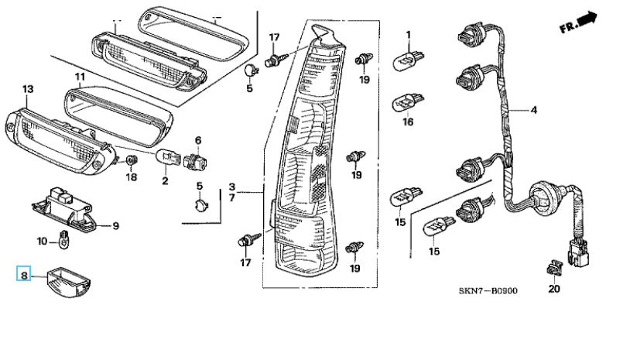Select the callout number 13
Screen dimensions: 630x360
[x=28, y=89]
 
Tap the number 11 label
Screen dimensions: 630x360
[x=80, y=77]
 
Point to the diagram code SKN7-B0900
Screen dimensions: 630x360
[x=488, y=290]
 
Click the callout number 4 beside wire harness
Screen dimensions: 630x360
[x=534, y=110]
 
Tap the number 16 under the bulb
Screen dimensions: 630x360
[x=407, y=122]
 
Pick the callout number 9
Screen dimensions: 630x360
[x=116, y=226]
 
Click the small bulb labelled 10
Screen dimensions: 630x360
[x=64, y=239]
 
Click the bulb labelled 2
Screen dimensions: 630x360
[x=167, y=156]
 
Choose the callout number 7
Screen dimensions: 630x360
[x=232, y=198]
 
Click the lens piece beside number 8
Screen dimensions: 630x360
[x=68, y=280]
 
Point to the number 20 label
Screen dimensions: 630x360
[x=554, y=289]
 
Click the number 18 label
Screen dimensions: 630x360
[x=132, y=177]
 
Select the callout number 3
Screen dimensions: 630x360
[x=232, y=187]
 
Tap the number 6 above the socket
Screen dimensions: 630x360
[x=198, y=140]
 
